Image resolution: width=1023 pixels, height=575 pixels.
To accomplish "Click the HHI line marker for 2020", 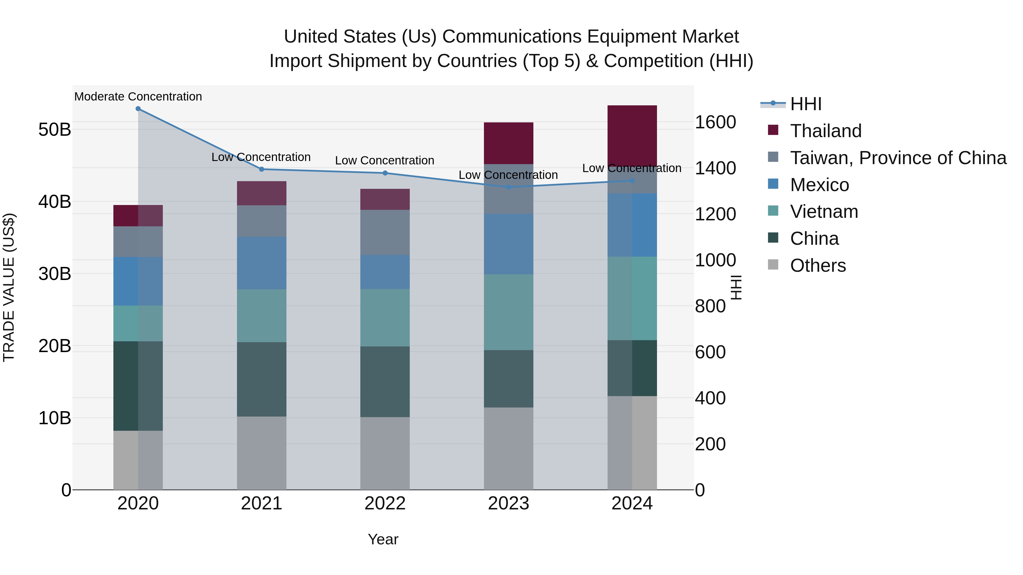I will [x=138, y=108].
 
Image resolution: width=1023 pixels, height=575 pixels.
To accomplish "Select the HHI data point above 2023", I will [x=508, y=187].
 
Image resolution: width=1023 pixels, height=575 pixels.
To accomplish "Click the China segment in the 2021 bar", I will [x=261, y=379].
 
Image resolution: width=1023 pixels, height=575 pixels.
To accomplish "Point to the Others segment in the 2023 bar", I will [x=508, y=448].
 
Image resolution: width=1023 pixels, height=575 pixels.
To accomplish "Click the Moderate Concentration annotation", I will [x=138, y=97].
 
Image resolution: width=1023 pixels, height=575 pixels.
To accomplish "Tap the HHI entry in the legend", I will [x=805, y=104].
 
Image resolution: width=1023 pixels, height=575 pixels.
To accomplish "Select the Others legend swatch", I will [x=773, y=264].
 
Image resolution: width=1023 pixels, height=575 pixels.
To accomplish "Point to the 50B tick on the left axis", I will [x=54, y=130].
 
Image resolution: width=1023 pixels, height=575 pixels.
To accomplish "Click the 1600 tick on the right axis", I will [x=715, y=122].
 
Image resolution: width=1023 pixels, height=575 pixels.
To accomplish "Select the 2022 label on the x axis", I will [x=385, y=503].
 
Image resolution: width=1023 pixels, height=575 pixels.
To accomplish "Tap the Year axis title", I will [x=383, y=539].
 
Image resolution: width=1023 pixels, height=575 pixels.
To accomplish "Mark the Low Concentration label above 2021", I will [x=261, y=157].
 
